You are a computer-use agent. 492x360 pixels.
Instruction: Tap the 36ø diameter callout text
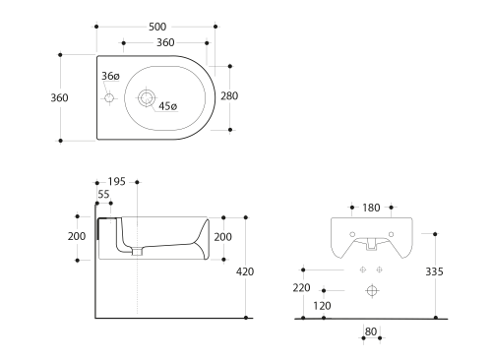(x=110, y=76)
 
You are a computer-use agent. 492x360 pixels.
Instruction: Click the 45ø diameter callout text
(x=167, y=106)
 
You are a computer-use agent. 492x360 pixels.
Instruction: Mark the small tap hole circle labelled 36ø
(x=109, y=97)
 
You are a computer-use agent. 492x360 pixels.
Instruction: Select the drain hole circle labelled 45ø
(x=146, y=97)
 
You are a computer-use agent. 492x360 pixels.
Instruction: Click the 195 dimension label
(x=116, y=182)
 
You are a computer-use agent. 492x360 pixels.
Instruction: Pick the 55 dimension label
(x=104, y=195)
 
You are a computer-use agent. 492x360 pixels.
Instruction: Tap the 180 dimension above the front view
(x=372, y=209)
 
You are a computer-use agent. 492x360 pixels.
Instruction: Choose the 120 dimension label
(x=322, y=305)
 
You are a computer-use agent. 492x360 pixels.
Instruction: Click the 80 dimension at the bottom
(x=371, y=331)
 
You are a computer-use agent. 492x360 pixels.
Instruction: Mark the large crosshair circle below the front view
(x=372, y=290)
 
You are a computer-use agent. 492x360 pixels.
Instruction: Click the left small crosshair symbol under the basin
(x=362, y=269)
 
